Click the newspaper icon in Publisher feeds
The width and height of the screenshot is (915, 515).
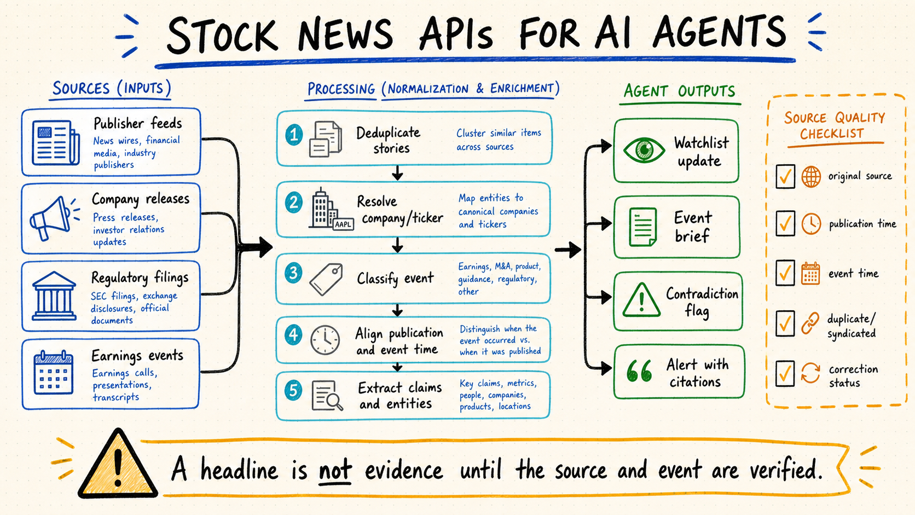56,142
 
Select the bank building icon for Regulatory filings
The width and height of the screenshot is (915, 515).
54,296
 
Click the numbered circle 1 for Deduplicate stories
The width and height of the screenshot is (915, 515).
294,135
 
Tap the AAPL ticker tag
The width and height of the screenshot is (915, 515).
343,224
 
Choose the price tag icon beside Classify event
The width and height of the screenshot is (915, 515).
326,279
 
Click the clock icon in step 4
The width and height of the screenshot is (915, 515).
325,340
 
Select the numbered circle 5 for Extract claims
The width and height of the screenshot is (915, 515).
293,390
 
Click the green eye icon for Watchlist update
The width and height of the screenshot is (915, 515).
644,150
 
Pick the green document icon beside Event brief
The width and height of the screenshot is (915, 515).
642,227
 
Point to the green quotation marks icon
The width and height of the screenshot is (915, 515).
639,371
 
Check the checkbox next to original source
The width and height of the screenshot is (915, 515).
785,176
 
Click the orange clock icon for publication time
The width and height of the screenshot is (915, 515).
811,224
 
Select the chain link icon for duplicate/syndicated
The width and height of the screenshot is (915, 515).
810,323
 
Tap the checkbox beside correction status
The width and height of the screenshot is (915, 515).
785,373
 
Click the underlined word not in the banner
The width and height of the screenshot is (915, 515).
335,470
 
